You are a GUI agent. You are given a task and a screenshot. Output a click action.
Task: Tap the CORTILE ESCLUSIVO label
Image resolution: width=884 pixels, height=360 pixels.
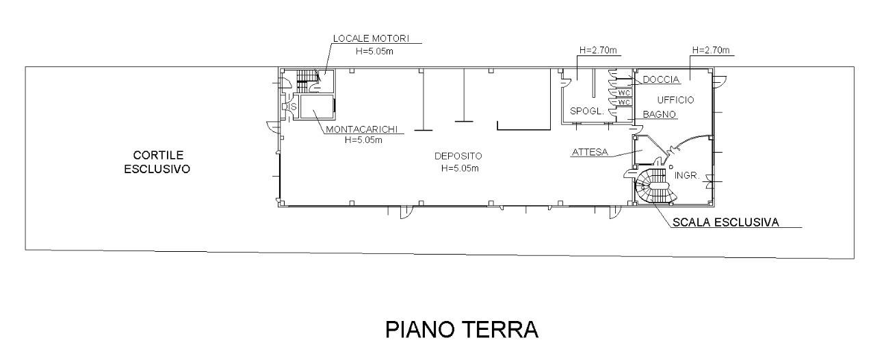coord(157,162)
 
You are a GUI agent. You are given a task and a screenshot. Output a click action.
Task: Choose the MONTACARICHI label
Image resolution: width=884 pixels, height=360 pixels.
coord(361,129)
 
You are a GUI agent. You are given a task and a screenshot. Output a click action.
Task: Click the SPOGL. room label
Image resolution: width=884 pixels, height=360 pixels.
coord(585,111)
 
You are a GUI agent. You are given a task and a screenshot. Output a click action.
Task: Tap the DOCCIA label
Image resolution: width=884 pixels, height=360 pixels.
coord(660,80)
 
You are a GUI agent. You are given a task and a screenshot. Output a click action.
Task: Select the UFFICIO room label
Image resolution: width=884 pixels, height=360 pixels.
coord(675,100)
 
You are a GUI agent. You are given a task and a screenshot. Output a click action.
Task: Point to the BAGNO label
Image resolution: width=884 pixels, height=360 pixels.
coord(659,114)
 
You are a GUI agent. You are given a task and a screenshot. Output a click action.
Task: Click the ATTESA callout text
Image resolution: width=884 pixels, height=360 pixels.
coord(588,153)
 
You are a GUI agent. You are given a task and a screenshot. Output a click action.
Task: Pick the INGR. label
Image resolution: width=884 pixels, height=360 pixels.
coord(686,175)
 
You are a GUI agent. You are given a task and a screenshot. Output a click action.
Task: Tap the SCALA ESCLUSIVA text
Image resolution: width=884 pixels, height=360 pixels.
coord(726,222)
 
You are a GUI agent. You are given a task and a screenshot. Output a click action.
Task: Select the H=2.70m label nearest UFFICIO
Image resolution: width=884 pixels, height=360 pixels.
coord(711,51)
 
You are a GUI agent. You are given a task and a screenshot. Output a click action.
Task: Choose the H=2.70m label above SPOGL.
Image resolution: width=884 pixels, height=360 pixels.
coord(598,51)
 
